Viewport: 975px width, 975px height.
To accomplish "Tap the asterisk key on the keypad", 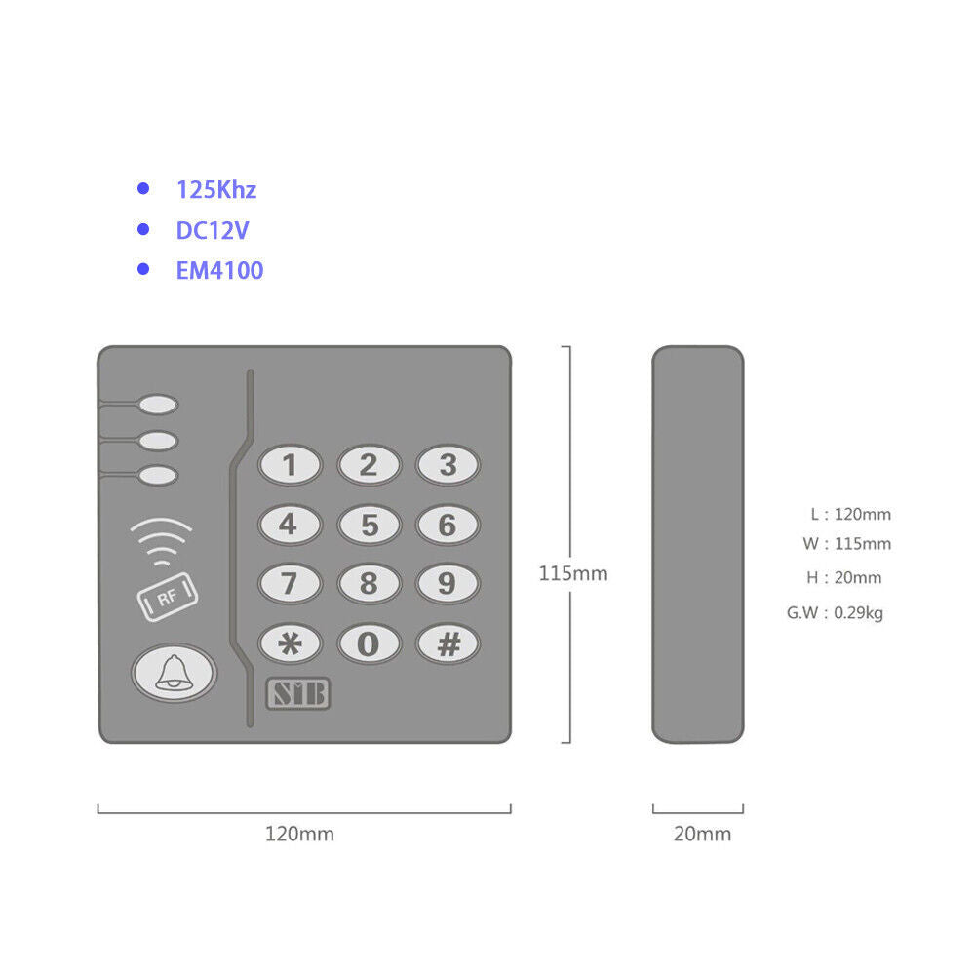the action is coord(290,643).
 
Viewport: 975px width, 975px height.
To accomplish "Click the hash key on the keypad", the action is coord(448,643).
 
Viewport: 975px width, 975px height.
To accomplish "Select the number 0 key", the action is coord(369,643).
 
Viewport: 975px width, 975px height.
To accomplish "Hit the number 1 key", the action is coord(290,464).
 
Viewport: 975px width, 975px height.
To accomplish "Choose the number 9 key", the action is coord(448,583).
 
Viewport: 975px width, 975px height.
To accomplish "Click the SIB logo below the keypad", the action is coord(298,693).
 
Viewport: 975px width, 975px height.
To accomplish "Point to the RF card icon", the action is coord(168,597).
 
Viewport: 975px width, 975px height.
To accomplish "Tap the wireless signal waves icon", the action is coord(162,541).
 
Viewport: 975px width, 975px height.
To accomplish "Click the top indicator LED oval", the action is coord(159,405).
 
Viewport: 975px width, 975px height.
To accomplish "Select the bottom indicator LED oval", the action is coord(159,476).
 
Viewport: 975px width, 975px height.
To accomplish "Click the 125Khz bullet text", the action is coord(216,190).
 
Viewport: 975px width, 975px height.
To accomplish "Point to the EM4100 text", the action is coord(220,270).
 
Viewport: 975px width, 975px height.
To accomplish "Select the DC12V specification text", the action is coord(213,231).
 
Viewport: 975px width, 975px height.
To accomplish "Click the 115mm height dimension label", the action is coord(573,573).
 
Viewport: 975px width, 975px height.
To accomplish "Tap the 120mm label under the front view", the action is coord(299,834).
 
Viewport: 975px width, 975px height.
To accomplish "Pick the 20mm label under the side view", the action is coord(703,834).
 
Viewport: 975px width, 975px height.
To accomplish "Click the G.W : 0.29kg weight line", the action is coord(836,613).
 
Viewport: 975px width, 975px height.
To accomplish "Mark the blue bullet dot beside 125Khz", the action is coord(143,188).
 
